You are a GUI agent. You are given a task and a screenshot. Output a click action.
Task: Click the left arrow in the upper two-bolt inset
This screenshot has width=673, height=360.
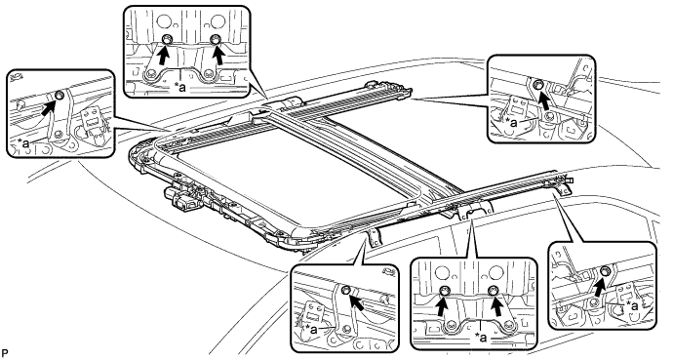click(x=163, y=55)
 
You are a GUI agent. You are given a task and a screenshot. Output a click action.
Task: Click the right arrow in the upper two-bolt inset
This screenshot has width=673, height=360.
click(x=219, y=55)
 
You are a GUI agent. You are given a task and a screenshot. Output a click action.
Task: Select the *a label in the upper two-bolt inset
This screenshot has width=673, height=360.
click(x=180, y=88)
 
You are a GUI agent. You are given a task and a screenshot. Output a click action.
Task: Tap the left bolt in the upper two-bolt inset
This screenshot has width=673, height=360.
click(x=166, y=40)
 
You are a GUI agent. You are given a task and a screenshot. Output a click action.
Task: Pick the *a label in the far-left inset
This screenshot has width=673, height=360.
click(x=23, y=143)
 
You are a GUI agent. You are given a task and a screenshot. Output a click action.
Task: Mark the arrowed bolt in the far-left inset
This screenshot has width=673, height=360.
click(x=60, y=95)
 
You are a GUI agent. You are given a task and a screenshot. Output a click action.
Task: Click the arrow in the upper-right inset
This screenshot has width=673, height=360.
click(x=543, y=100)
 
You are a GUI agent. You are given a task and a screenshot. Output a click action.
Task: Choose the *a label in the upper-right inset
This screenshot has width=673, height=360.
click(x=513, y=123)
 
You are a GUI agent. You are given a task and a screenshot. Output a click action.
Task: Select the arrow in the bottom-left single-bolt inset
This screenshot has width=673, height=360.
click(x=357, y=301)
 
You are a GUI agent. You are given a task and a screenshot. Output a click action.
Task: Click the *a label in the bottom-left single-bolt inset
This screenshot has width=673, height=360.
click(x=312, y=330)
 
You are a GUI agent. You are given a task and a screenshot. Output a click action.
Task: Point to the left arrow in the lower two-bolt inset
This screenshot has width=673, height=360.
click(x=442, y=306)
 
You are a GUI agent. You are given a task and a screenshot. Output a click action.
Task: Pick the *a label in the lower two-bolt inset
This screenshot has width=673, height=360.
click(x=481, y=339)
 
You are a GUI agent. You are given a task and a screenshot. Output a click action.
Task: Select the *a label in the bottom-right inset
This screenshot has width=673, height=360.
click(x=632, y=305)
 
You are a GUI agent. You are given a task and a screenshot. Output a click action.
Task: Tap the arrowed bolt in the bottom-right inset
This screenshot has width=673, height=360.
click(x=606, y=271)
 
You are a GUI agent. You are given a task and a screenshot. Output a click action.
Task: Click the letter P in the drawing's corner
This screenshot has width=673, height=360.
click(x=5, y=354)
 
